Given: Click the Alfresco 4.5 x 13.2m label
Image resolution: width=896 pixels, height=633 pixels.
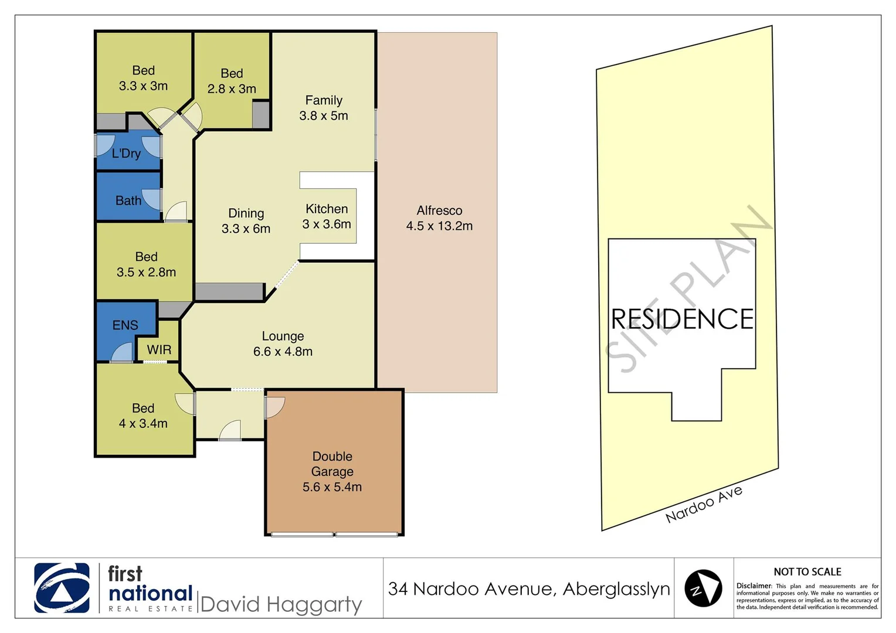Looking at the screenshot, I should pos(439,218).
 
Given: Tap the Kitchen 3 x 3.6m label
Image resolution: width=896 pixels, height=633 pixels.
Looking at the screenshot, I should pos(327,216).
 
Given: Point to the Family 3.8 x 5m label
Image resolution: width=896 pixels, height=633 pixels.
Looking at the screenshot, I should pos(324,108).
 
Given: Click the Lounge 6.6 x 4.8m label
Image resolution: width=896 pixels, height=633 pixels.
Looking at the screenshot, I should pos(283,343).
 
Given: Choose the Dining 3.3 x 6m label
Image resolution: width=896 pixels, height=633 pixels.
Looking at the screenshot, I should pos(246,221).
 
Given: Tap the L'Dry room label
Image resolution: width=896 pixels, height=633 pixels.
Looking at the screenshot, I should pos(126,154).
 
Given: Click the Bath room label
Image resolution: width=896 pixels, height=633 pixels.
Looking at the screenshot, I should pos(128,200).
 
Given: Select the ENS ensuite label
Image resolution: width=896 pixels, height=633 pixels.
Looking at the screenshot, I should pos(125,325).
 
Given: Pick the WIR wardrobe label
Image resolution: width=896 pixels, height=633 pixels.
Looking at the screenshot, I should pos(159,350).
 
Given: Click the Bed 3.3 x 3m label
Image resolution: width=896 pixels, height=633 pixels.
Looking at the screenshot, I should pos(143,78).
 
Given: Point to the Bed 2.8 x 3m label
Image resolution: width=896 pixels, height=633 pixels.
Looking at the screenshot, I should pos(232,81).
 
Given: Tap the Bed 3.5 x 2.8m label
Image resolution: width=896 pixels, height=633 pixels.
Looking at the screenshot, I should pos(146,264).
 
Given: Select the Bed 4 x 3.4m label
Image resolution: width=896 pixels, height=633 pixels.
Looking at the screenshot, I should pos(143,416).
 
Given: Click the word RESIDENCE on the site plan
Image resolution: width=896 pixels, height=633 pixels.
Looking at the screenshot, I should pos(682,319).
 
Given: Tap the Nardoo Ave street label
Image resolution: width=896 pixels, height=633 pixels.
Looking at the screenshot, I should pos(704,504).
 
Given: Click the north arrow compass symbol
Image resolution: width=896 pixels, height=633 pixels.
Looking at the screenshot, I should pos(703,588).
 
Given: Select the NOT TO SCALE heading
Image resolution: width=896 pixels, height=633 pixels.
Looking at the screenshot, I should pos(807,571).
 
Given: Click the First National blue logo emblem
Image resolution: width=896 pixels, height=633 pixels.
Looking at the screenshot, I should pos(62,588).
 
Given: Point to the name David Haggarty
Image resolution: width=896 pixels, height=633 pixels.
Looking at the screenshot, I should pos(281,604).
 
